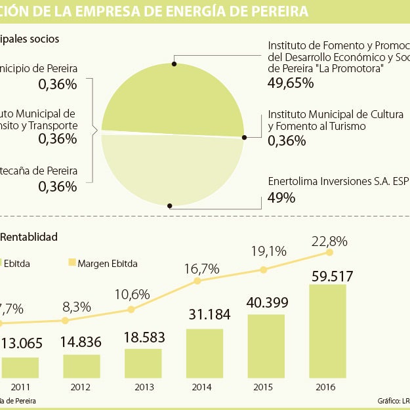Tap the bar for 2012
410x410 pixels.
point(81,366)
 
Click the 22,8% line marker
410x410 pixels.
point(329,252)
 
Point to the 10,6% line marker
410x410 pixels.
point(131,309)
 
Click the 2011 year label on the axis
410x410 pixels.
point(19,388)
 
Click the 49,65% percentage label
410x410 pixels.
point(291,83)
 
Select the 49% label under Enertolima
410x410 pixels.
point(281,197)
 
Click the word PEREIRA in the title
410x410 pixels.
point(277,10)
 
